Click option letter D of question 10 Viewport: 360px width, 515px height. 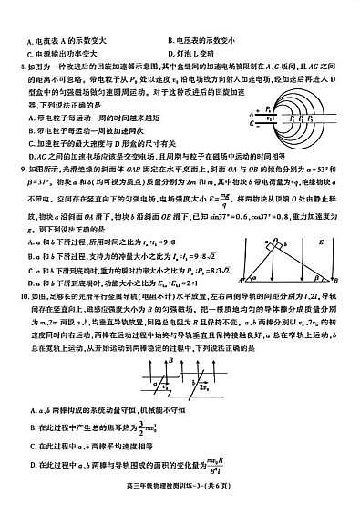pyautogui.click(x=34, y=466)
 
